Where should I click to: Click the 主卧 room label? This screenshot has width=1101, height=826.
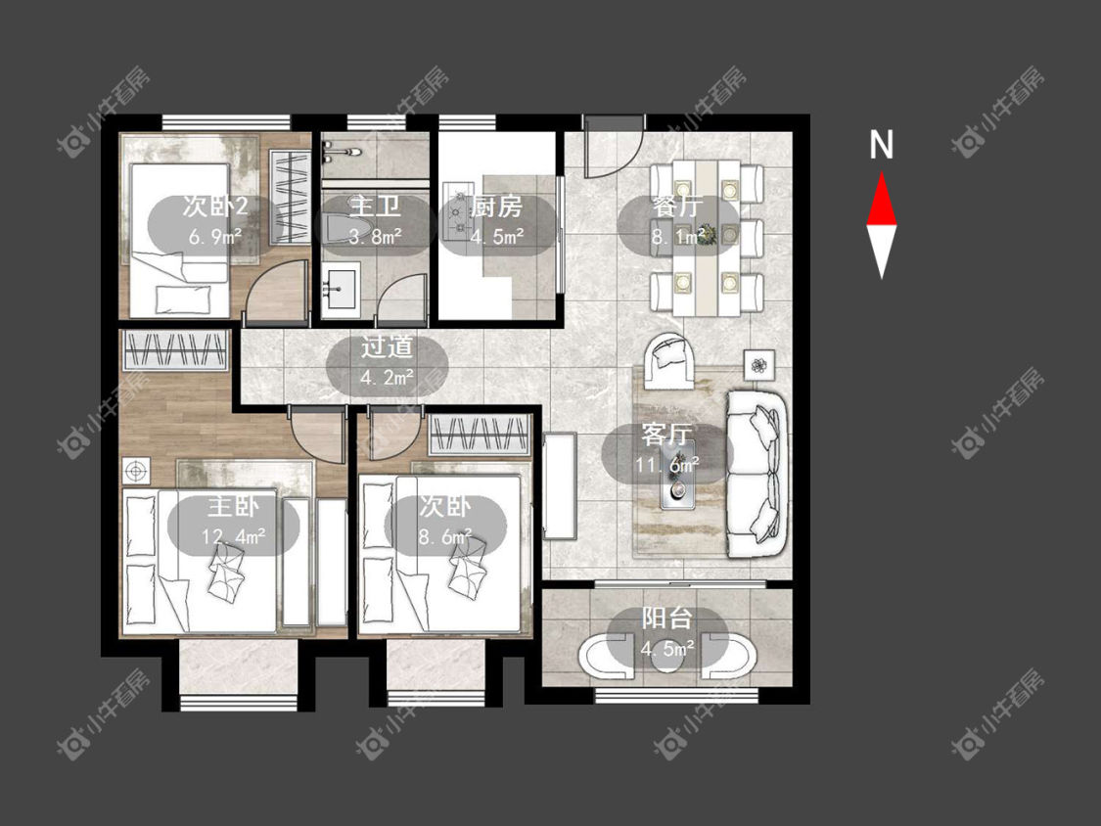click(234, 506)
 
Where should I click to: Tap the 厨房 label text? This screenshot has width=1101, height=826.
click(496, 206)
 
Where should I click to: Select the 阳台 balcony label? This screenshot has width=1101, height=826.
click(667, 619)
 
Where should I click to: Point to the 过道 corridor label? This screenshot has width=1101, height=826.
click(387, 347)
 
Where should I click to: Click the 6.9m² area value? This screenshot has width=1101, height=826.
click(215, 236)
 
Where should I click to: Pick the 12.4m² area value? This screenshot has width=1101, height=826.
click(234, 536)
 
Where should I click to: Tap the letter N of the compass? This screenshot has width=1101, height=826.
click(881, 145)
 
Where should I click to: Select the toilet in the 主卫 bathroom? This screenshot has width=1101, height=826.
click(338, 226)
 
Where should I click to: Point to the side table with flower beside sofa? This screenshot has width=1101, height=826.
click(759, 365)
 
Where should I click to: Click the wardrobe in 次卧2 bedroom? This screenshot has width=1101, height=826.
click(291, 196)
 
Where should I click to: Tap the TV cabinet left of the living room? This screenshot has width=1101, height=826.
click(559, 485)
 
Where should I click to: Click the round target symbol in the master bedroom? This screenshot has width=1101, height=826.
click(136, 469)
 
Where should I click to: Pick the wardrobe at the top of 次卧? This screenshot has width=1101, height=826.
click(479, 434)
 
